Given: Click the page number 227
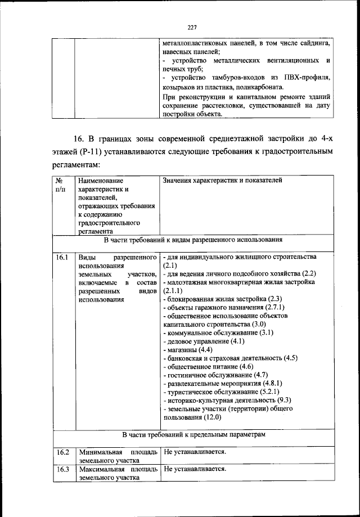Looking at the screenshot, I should [x=191, y=27].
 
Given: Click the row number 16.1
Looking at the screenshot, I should [x=62, y=257].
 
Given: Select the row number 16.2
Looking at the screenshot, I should [x=62, y=452].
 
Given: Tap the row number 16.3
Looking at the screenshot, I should [x=62, y=470].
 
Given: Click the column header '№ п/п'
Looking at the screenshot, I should [x=60, y=185].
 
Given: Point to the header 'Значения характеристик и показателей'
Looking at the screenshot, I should [x=222, y=181].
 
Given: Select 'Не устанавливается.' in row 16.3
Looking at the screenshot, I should [x=195, y=470].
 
